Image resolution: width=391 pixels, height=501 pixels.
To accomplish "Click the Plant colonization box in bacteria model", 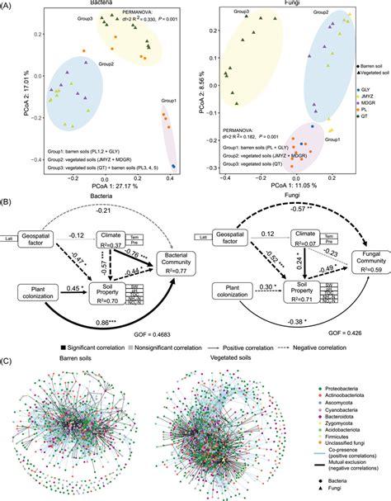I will point(30,267).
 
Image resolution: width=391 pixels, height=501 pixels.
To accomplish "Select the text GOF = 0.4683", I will point(171,311).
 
